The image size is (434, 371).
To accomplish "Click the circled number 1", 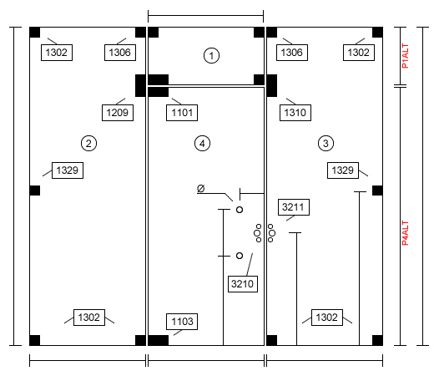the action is (x=211, y=55).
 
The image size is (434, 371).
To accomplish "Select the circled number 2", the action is (x=88, y=144).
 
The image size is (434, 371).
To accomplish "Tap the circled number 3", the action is (x=325, y=144).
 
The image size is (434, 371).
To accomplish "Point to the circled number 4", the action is (x=202, y=144).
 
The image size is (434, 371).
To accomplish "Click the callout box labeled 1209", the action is (x=118, y=113).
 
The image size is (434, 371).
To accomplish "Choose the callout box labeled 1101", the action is (x=182, y=113).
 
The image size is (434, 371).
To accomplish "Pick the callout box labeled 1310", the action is (x=295, y=113).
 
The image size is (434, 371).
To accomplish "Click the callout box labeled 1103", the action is (x=182, y=322).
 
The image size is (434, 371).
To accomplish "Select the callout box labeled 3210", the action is (x=243, y=284).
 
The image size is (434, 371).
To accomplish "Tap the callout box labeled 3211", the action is (x=294, y=207).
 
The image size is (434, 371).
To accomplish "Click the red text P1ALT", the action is (x=406, y=56).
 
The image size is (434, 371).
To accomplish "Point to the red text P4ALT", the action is (x=406, y=233).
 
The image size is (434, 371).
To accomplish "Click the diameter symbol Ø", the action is (x=201, y=189).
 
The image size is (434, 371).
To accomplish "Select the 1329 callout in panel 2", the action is (x=68, y=170).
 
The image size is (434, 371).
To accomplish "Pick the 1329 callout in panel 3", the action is (x=343, y=170).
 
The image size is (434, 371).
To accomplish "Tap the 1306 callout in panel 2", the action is (x=120, y=53).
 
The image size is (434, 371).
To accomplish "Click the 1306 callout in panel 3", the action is (x=292, y=53).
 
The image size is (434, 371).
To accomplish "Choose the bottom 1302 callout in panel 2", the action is (x=89, y=318).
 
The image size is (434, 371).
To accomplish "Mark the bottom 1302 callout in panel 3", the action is (x=327, y=318).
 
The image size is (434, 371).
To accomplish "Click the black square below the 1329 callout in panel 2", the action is (x=35, y=191).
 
